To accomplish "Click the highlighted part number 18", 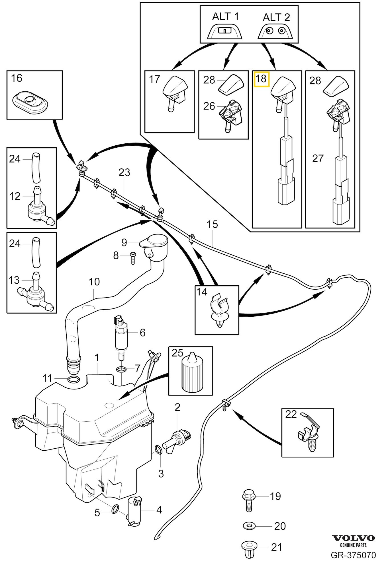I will tap(261, 79).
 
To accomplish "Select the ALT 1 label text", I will tap(225, 17).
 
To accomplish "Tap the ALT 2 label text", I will tap(276, 18).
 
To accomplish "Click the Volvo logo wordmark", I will tap(354, 538).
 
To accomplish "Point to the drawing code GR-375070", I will tap(353, 555).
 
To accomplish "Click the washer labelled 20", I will tap(249, 526).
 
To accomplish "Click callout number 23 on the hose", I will tap(124, 172).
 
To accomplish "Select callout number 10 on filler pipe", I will tap(94, 282).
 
